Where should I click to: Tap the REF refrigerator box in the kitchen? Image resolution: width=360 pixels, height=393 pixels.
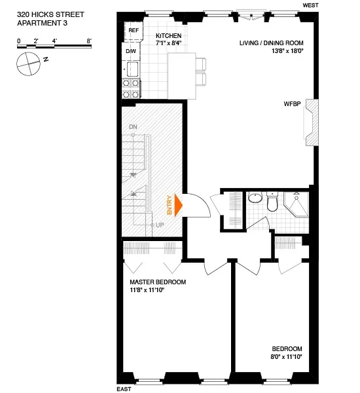(134, 31)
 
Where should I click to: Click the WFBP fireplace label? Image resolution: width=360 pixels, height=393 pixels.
(292, 104)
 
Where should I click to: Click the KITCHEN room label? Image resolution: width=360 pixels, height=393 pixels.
(168, 35)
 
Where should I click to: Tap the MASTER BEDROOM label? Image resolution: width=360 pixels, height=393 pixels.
(158, 282)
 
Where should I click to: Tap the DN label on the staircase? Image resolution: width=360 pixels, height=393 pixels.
(133, 126)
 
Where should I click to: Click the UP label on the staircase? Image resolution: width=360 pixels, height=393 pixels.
(160, 225)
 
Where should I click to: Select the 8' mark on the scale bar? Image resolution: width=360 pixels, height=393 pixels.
(88, 41)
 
